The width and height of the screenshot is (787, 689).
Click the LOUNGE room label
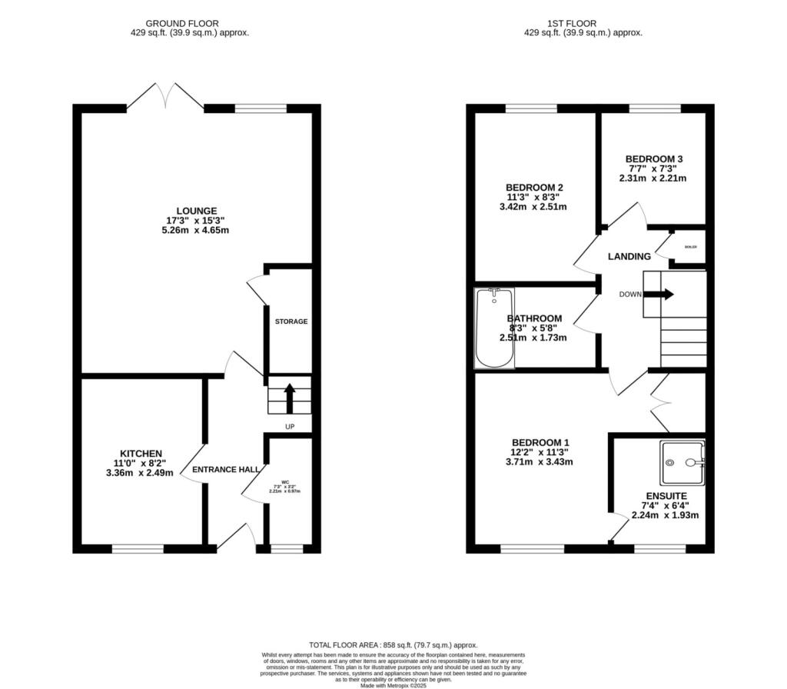click(x=197, y=211)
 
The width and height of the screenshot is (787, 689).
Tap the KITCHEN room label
click(x=141, y=454)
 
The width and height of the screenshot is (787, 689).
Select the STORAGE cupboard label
click(x=291, y=321)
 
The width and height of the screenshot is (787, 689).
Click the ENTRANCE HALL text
click(x=225, y=470)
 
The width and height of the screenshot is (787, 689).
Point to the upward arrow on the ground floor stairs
click(x=290, y=398)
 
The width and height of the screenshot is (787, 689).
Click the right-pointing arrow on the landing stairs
click(x=659, y=294)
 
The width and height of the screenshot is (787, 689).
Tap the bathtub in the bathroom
click(x=494, y=328)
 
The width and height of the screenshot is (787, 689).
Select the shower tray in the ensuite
click(x=682, y=463)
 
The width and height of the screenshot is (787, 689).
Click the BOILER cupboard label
click(x=690, y=247)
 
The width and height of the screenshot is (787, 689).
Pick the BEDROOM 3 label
click(x=653, y=159)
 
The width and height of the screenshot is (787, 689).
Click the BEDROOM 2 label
click(x=535, y=188)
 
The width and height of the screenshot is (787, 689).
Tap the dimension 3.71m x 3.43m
click(x=540, y=462)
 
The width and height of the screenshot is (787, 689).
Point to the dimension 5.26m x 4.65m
click(x=197, y=230)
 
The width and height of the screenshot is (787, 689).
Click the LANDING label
click(x=629, y=256)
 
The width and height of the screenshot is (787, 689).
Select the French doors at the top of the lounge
click(x=165, y=97)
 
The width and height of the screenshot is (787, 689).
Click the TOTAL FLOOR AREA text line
click(x=393, y=644)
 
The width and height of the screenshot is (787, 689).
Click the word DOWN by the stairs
click(x=631, y=294)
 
